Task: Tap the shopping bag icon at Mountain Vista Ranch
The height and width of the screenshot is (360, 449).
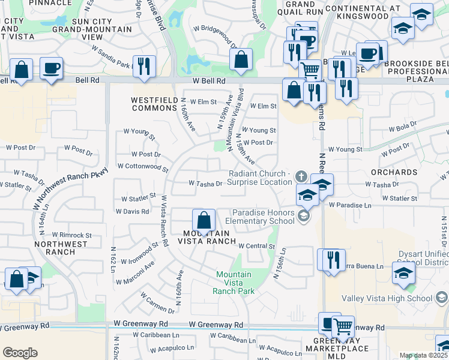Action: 203,220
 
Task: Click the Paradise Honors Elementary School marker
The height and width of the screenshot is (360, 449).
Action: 303,216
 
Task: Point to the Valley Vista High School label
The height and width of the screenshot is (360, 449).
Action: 387,298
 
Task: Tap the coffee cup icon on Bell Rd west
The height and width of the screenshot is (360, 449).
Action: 52,68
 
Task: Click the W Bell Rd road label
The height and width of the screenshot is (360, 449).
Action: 209,80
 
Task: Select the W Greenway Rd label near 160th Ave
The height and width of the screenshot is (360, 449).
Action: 215,325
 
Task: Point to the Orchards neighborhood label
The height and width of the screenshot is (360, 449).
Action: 394,172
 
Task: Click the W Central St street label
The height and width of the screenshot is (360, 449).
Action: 256,246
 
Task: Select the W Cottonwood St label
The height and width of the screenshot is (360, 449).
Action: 143,166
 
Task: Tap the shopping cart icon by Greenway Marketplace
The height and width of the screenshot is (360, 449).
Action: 343,326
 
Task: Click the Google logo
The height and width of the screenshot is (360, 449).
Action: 20,353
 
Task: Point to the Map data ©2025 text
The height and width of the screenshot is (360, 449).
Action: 423,356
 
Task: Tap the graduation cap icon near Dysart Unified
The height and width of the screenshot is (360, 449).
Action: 403,273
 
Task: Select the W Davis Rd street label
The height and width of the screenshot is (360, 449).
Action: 132,211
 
